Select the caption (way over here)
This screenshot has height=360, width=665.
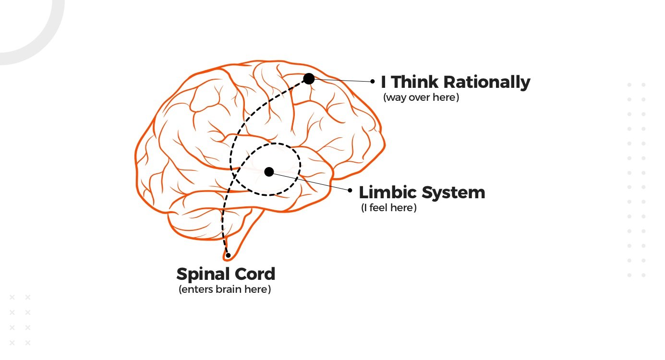pyautogui.click(x=421, y=97)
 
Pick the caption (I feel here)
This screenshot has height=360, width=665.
pyautogui.click(x=388, y=208)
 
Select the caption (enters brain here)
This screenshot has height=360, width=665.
pyautogui.click(x=225, y=290)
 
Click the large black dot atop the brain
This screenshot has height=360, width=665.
pyautogui.click(x=309, y=79)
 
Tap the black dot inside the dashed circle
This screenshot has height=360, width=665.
pyautogui.click(x=269, y=171)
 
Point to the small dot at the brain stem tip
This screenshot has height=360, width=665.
pyautogui.click(x=229, y=255)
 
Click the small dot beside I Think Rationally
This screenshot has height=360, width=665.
pyautogui.click(x=373, y=82)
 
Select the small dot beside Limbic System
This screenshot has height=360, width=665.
pyautogui.click(x=350, y=191)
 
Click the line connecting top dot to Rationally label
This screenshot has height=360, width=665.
pyautogui.click(x=342, y=80)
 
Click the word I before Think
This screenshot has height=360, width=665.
pyautogui.click(x=384, y=82)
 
